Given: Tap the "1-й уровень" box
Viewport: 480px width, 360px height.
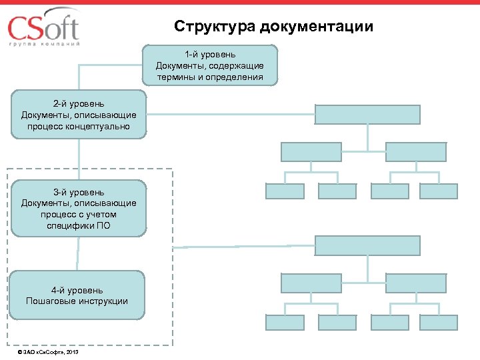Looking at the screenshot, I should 210,65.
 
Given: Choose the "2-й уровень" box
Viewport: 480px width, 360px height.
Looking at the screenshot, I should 79,115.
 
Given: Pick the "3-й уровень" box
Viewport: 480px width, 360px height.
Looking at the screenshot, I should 79,209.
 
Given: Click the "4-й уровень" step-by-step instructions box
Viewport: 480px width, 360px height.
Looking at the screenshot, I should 79,295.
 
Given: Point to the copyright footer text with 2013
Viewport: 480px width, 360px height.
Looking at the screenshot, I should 48,351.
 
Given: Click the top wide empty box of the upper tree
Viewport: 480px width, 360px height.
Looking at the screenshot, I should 367,115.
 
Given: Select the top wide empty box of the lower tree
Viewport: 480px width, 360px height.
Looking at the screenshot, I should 367,246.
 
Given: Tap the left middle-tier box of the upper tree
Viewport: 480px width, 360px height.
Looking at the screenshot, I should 311,152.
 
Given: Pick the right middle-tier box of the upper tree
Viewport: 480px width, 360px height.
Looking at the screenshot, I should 416,152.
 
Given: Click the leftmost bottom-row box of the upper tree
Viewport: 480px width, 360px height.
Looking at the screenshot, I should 285,191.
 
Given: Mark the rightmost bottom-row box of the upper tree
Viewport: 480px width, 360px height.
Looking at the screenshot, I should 443,191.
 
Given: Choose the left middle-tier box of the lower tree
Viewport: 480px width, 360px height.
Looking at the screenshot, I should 311,283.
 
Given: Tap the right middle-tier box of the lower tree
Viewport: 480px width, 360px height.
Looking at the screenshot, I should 416,283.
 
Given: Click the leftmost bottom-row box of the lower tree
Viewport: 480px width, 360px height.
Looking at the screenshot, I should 285,323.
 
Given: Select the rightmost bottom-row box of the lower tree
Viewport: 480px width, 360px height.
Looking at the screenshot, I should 443,323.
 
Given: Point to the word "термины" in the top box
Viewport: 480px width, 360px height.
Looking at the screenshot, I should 175,77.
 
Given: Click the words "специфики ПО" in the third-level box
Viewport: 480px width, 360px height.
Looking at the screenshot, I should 79,226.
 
